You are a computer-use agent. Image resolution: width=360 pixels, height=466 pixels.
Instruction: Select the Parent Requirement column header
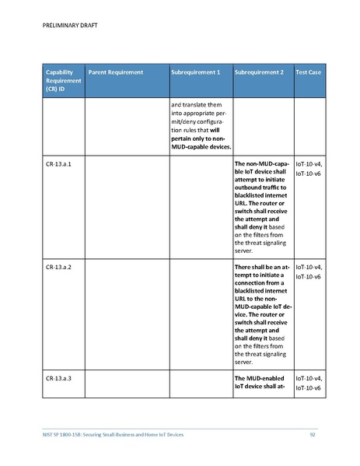pos(116,72)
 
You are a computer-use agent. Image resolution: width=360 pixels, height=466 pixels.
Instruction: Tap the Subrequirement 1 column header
pos(195,72)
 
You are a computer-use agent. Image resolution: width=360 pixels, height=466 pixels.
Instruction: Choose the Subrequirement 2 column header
pos(259,72)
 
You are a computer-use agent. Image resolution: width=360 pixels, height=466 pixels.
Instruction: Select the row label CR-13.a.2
pos(59,267)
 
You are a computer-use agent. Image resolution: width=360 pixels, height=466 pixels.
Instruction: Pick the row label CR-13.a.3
pos(59,377)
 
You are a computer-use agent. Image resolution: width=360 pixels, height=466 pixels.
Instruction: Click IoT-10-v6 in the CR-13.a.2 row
pos(309,276)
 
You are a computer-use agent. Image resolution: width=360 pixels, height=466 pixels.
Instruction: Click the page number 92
pos(312,434)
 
